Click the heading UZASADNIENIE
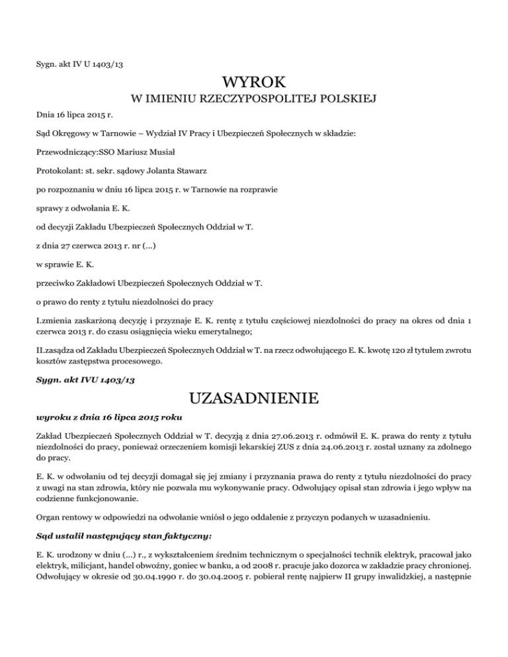254,398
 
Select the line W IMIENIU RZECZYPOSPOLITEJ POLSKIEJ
254,100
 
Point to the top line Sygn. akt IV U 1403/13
80,64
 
